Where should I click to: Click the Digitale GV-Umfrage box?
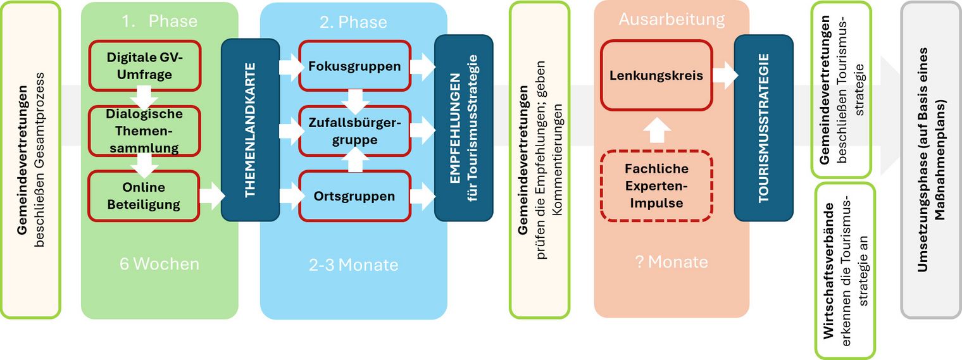(144, 66)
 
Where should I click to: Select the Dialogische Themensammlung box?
(144, 131)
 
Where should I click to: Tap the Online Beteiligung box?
(144, 196)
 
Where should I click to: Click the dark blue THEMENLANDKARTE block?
(250, 130)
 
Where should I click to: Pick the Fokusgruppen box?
(354, 66)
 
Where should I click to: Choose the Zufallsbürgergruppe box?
(354, 131)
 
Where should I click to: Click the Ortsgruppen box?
(354, 196)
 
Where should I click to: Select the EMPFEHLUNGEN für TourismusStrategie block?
(463, 128)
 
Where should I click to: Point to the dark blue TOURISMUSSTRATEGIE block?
(763, 128)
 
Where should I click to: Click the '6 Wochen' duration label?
(159, 264)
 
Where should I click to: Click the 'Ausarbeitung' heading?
(672, 20)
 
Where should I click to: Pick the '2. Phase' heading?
(353, 22)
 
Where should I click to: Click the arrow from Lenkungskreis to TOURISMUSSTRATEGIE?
(725, 75)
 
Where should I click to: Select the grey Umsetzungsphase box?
(931, 159)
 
